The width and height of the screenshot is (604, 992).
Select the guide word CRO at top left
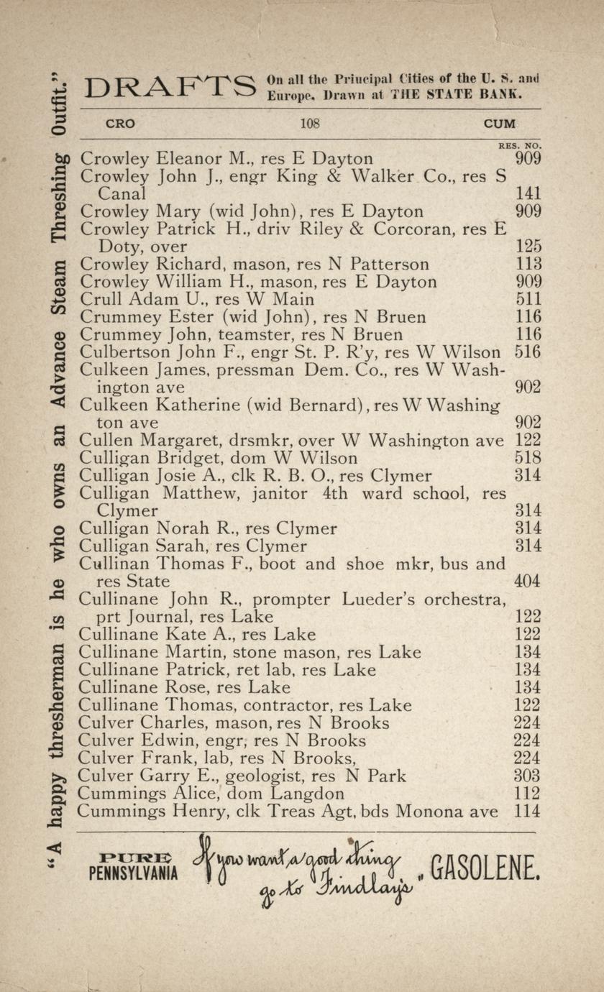tap(120, 124)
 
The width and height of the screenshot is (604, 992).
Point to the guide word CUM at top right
tap(499, 124)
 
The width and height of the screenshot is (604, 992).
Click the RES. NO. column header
tap(519, 144)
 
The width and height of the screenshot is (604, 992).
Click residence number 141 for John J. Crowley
tap(528, 193)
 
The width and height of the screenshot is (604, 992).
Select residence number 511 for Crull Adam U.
tap(528, 299)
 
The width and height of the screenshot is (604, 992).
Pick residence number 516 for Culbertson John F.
tap(528, 352)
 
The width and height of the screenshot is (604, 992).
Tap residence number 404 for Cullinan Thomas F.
tap(528, 581)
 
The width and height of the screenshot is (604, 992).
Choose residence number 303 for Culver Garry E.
tap(528, 776)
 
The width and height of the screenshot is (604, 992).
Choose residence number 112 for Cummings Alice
tap(528, 794)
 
